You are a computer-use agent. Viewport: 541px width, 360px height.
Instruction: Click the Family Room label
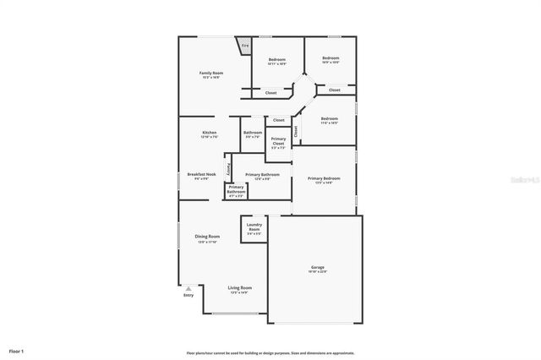tap(210, 74)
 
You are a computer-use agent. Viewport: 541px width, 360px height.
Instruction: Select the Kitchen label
tap(210, 133)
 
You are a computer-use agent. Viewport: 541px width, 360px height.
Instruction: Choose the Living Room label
tap(240, 288)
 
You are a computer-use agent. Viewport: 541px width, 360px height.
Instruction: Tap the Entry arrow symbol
tap(189, 289)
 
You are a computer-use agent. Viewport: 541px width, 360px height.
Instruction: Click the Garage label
tap(317, 267)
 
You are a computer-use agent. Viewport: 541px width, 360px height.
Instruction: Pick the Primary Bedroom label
tap(324, 178)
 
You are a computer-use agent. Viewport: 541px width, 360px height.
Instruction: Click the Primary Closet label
tap(278, 140)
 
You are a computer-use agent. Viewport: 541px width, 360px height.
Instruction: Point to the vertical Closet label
tap(296, 132)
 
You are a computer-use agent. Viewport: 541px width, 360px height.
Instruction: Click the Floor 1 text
tap(17, 350)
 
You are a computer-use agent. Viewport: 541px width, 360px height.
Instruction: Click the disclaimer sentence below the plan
tap(270, 353)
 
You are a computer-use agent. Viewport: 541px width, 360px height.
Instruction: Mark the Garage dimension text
tap(317, 271)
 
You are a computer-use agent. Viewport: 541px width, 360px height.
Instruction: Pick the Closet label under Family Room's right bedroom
tap(270, 93)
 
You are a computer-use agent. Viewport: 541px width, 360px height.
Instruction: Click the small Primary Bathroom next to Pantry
tap(236, 190)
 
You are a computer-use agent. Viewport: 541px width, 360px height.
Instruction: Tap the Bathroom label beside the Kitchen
tap(253, 133)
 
